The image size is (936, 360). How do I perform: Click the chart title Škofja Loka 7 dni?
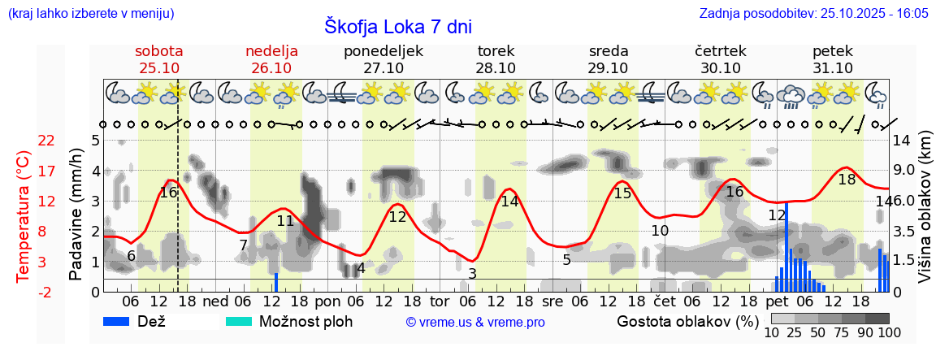pyautogui.click(x=397, y=27)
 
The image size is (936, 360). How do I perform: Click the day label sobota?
pyautogui.click(x=158, y=51)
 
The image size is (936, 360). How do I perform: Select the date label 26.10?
pyautogui.click(x=271, y=68)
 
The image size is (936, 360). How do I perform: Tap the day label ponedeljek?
pyautogui.click(x=383, y=51)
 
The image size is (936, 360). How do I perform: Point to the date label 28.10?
pyautogui.click(x=496, y=68)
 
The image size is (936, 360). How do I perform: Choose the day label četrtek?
pyautogui.click(x=720, y=51)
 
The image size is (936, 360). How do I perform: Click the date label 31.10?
pyautogui.click(x=833, y=68)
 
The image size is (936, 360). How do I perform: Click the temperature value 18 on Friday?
pyautogui.click(x=847, y=180)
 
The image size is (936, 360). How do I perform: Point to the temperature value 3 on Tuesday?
pyautogui.click(x=472, y=274)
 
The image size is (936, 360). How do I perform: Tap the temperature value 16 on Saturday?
pyautogui.click(x=168, y=193)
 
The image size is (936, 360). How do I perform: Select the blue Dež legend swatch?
pyautogui.click(x=122, y=321)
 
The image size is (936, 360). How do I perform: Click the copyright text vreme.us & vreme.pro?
pyautogui.click(x=475, y=322)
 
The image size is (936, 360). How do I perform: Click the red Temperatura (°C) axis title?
pyautogui.click(x=23, y=215)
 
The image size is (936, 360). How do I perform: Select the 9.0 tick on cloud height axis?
pyautogui.click(x=905, y=171)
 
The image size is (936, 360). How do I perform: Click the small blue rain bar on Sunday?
pyautogui.click(x=276, y=282)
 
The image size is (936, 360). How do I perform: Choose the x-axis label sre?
pyautogui.click(x=552, y=300)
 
